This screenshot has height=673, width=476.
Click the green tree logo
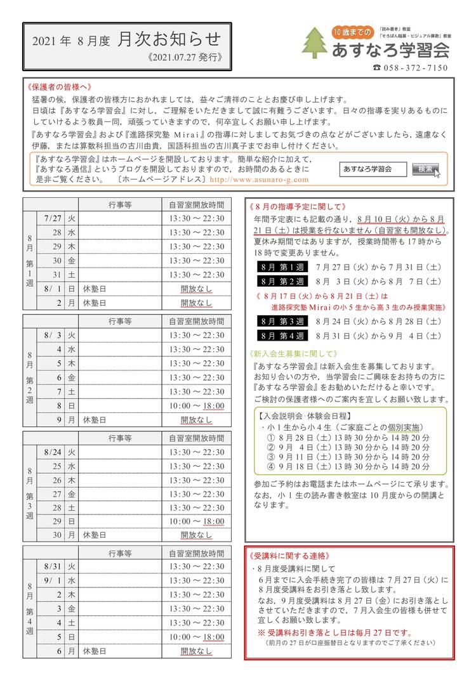[x=315, y=42]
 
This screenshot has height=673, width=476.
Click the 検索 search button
[x=426, y=169]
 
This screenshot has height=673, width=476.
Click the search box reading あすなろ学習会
[x=374, y=169]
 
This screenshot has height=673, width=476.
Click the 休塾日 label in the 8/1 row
[x=95, y=289]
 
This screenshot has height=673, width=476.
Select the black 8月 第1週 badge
[x=282, y=266]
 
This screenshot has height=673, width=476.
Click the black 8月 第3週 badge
[x=282, y=322]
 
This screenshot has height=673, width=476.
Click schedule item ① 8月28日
[x=348, y=437]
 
